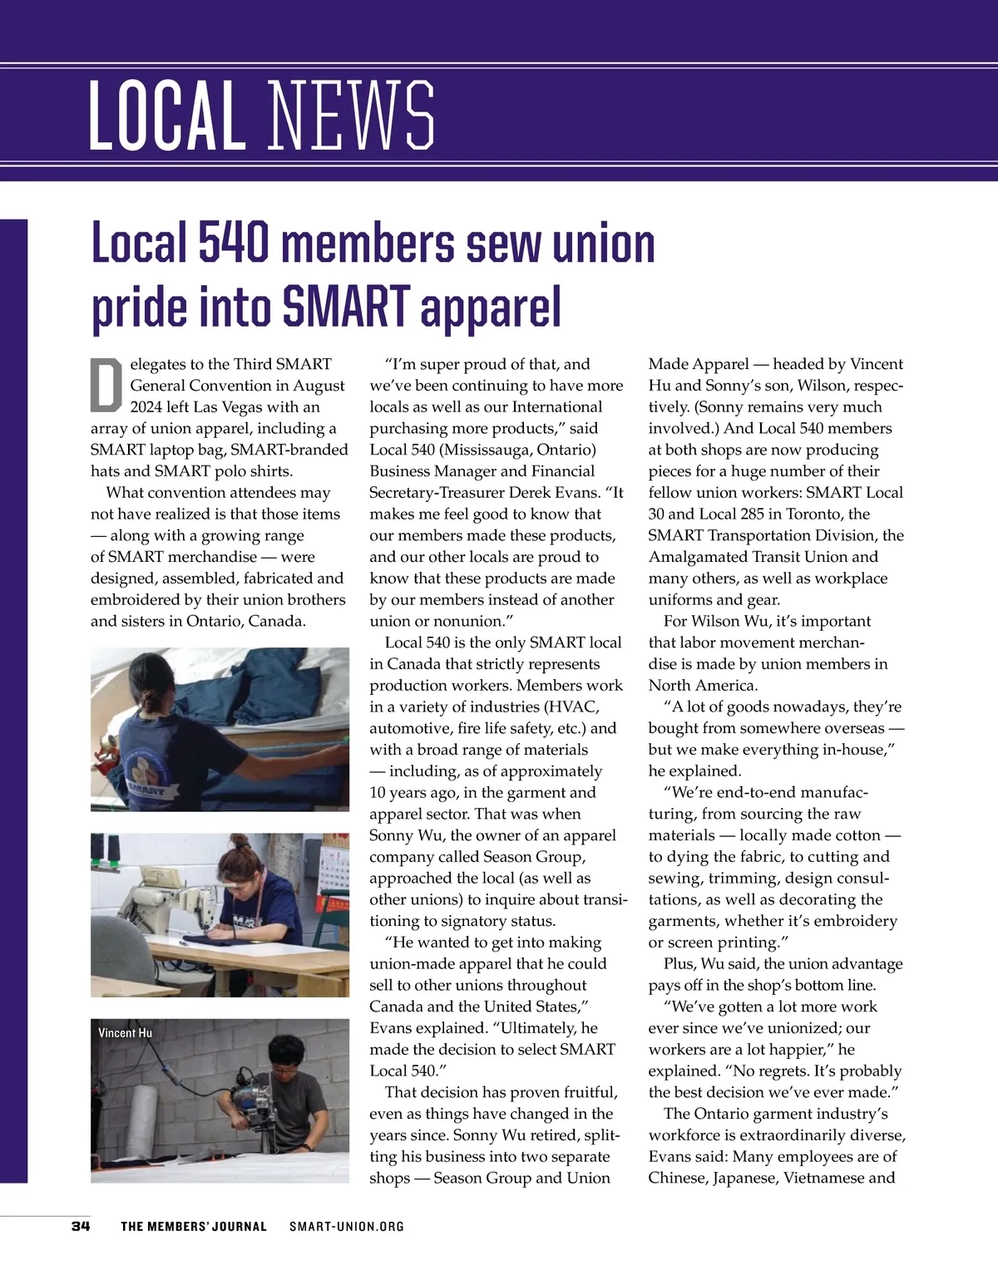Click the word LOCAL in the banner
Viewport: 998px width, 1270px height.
(166, 116)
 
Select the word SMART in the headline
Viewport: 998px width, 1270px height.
(347, 306)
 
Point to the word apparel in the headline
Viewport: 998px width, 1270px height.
(491, 308)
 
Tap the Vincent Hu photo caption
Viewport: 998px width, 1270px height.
(125, 1033)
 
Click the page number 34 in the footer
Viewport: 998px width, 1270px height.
(81, 1226)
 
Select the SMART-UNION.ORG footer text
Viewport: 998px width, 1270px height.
(347, 1227)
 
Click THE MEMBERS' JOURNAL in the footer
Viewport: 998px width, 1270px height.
(194, 1227)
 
